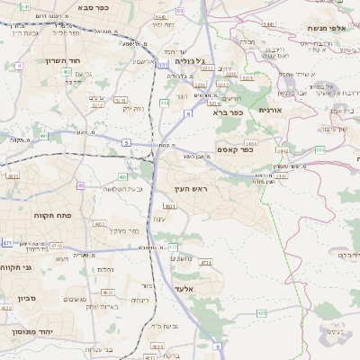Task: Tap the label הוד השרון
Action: [x=64, y=60]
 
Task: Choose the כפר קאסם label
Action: [x=235, y=149]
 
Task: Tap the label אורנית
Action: [x=270, y=109]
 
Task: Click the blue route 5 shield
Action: [x=127, y=142]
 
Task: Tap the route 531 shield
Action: [x=163, y=65]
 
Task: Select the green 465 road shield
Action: [x=260, y=313]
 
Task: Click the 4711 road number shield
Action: [x=206, y=263]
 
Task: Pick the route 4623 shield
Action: [x=108, y=292]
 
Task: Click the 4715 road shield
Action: [x=56, y=244]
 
